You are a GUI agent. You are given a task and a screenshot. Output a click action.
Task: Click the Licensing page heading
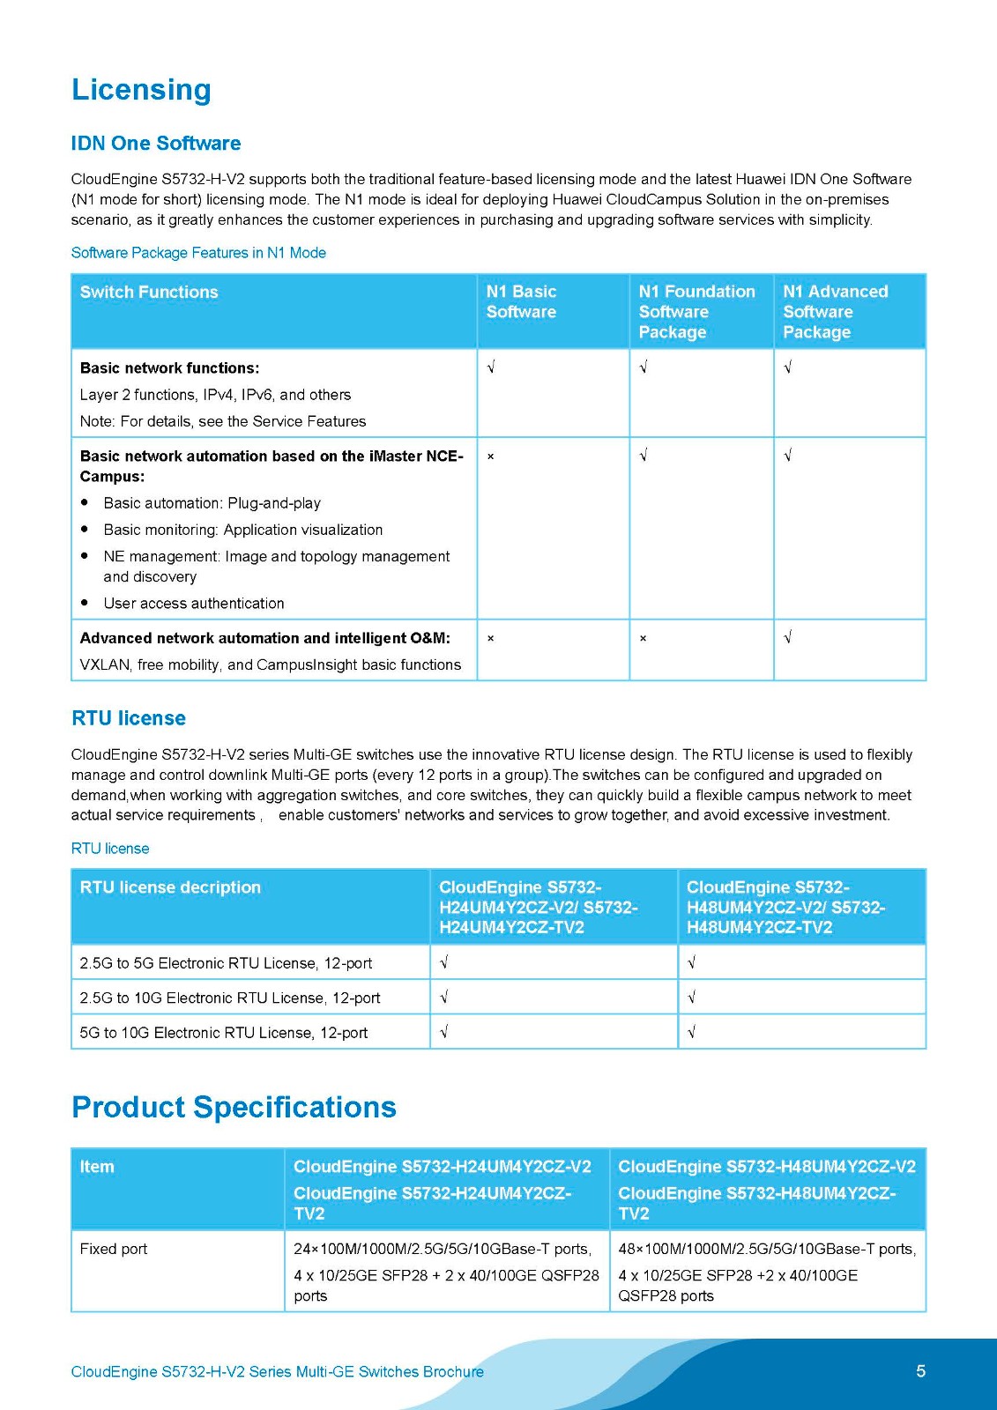point(141,90)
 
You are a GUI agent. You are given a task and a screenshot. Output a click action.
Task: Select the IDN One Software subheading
point(156,144)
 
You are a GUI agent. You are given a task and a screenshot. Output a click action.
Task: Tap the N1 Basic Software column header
point(521,301)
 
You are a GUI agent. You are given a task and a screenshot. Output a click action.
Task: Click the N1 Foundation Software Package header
point(696,311)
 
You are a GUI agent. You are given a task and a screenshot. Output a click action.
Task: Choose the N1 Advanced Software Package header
point(835,311)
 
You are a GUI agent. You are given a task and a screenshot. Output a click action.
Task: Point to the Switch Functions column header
point(149,293)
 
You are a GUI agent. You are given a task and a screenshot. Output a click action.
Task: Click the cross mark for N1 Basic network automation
point(490,456)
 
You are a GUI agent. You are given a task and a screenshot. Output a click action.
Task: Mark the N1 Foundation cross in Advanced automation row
point(643,638)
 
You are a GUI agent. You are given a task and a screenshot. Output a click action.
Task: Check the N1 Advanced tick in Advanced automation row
point(788,637)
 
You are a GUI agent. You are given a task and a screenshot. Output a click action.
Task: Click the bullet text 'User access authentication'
point(194,604)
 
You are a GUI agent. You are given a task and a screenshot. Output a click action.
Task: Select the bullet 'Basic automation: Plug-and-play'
point(212,503)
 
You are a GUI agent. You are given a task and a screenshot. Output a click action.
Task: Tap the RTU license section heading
point(129,718)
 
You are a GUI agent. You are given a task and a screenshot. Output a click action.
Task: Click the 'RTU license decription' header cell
point(170,887)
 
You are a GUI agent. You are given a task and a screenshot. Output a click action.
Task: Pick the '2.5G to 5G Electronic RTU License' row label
point(226,963)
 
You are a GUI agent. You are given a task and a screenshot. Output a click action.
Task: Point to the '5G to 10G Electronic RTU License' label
point(223,1033)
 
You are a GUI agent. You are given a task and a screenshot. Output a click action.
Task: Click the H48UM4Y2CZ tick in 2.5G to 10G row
point(692,998)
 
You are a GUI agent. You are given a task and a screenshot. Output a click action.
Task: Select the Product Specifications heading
point(234,1107)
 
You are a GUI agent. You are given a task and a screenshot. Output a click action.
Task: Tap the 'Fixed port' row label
point(114,1249)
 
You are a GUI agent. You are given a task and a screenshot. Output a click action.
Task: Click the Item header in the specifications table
point(97,1167)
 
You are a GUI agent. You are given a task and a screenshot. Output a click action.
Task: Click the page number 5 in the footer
point(920,1371)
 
